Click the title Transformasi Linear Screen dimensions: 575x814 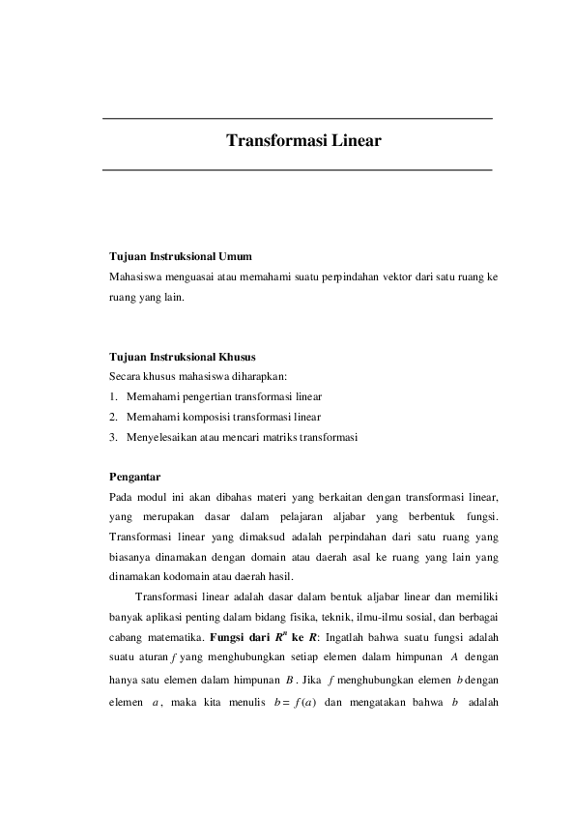click(303, 141)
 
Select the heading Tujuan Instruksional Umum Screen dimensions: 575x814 click(181, 257)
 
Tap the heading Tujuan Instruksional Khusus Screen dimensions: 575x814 click(182, 357)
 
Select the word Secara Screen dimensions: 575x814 click(125, 376)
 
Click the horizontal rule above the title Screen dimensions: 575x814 click(298, 118)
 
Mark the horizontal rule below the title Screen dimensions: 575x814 click(298, 170)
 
